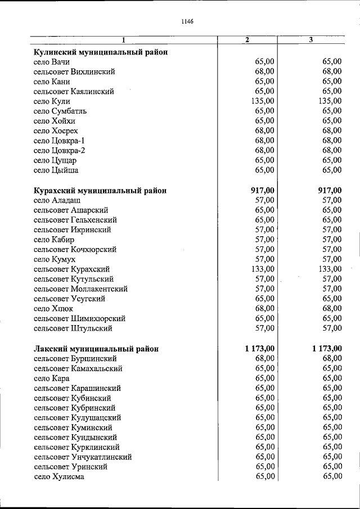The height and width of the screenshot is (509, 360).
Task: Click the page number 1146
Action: point(187,22)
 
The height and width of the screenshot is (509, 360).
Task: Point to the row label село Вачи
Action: point(52,62)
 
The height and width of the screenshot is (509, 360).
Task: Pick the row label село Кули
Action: point(52,101)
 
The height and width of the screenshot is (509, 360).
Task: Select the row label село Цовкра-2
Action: point(61,150)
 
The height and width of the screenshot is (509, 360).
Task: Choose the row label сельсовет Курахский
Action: point(71,269)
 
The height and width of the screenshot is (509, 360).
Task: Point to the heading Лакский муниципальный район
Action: point(96,349)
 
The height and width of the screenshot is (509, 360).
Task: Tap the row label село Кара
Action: point(52,379)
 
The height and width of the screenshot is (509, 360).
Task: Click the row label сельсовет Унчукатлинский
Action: point(83,457)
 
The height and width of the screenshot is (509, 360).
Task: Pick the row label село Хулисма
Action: point(59,477)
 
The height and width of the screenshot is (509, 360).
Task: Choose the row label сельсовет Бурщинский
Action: point(75,358)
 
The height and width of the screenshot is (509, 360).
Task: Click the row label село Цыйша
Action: point(56,170)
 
